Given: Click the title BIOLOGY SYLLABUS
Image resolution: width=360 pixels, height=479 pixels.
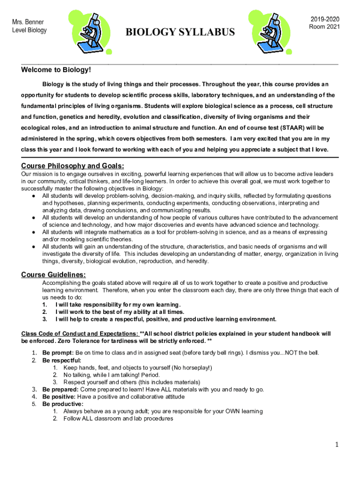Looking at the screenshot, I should [x=180, y=32].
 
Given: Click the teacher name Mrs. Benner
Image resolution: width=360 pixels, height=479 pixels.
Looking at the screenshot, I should [x=28, y=22].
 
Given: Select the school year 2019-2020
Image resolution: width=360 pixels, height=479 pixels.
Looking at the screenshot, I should [x=324, y=19].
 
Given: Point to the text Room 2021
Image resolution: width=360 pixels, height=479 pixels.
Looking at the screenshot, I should [x=324, y=27].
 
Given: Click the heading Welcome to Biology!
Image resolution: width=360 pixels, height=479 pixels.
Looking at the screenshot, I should [x=56, y=70].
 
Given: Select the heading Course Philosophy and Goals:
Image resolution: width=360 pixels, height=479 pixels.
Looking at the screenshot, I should [x=72, y=166].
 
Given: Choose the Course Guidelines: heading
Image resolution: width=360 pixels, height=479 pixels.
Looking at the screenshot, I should [x=53, y=275].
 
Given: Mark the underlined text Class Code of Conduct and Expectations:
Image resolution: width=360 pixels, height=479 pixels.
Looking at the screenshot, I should [x=79, y=334].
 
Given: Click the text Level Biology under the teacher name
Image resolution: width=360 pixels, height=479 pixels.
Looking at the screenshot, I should [x=29, y=30].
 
